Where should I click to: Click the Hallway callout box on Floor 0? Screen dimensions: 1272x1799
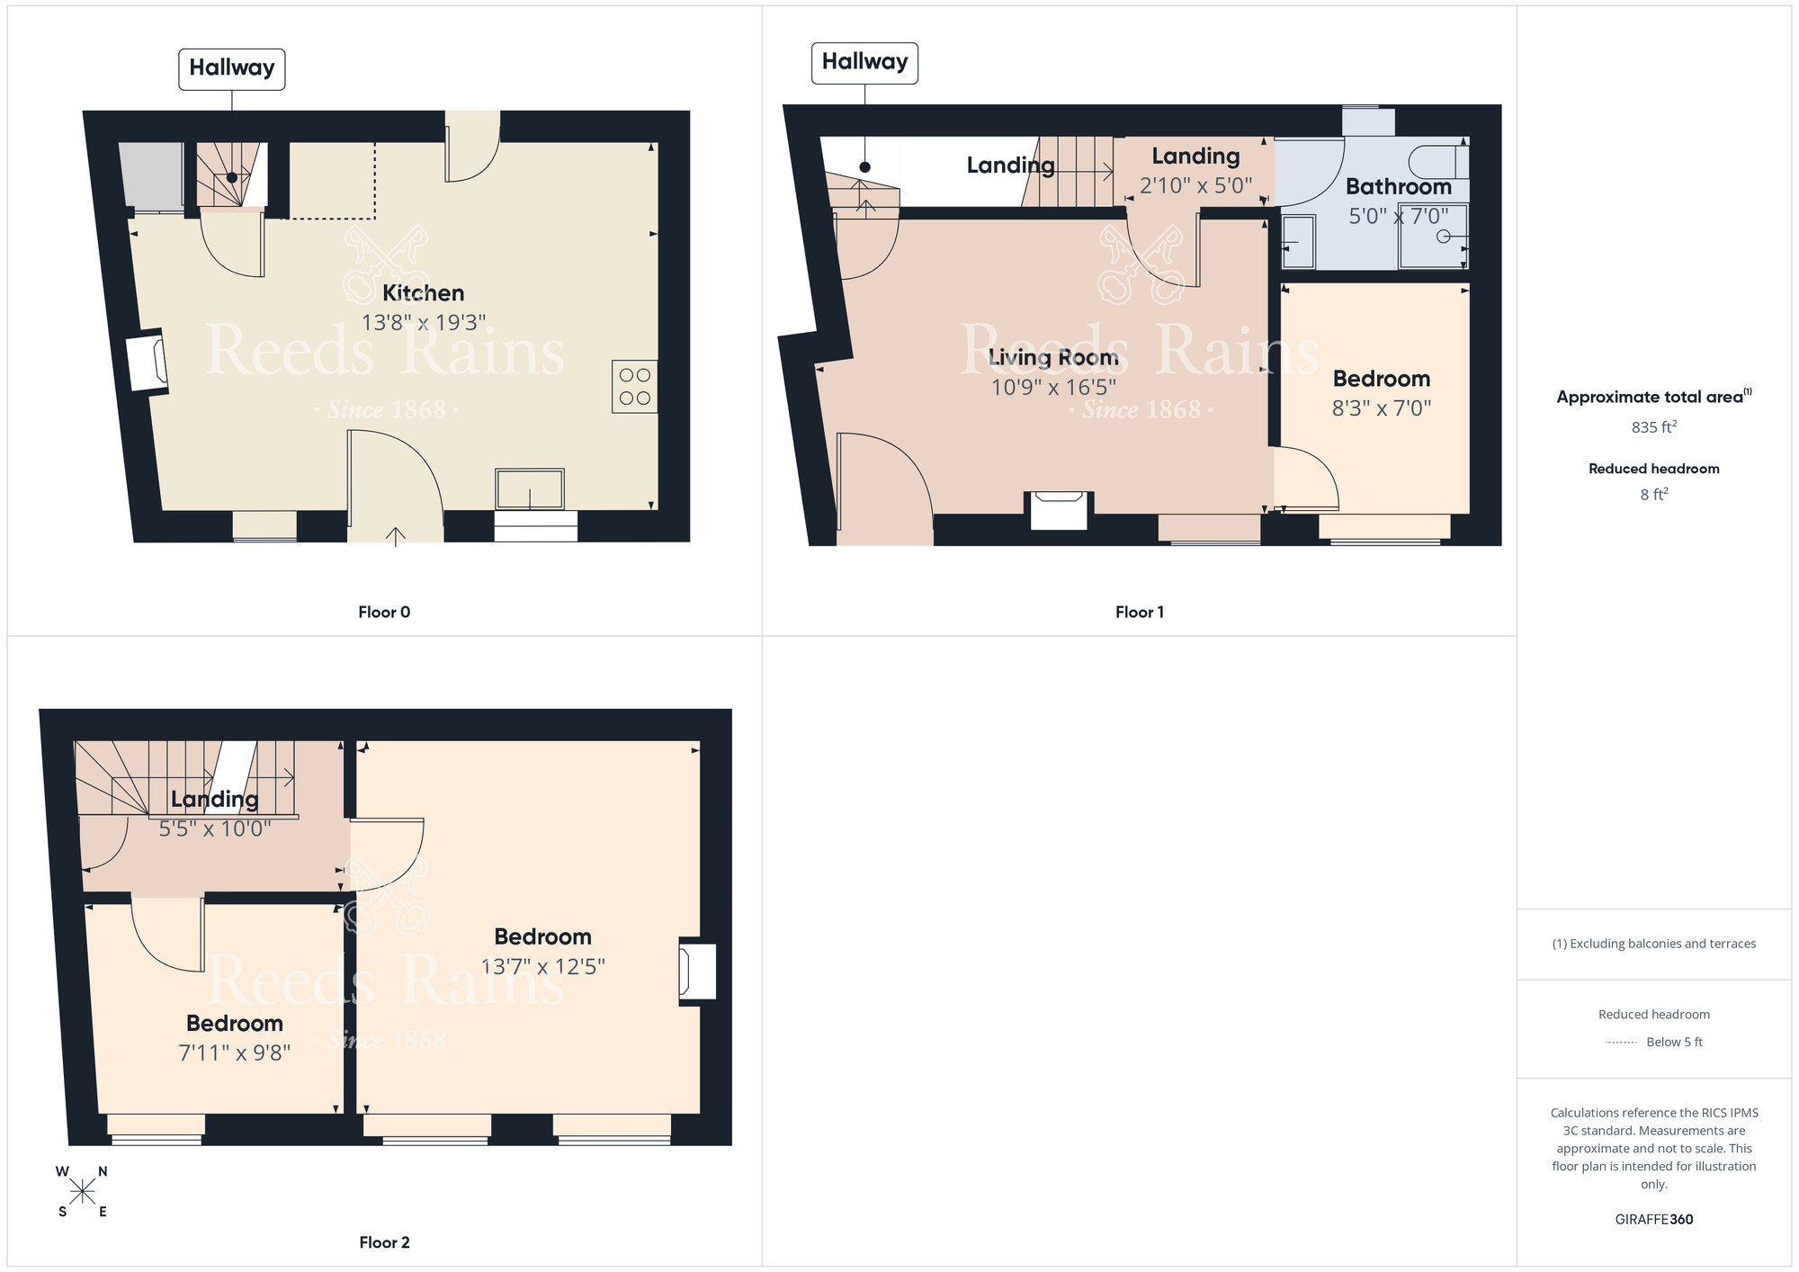pos(231,68)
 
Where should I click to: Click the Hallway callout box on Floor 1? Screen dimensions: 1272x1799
pos(864,62)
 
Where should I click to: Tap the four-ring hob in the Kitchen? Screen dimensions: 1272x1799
pos(634,387)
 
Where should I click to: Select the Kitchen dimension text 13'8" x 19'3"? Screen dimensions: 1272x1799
pos(424,322)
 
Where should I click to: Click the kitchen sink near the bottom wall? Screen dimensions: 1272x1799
pos(530,489)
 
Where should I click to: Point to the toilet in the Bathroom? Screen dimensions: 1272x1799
pos(1438,162)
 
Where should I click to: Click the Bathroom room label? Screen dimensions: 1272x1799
pos(1398,186)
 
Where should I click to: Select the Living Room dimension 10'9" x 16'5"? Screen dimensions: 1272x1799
pos(1053,387)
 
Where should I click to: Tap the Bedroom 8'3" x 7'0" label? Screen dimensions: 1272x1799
pos(1381,379)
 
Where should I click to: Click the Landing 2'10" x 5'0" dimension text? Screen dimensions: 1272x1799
pos(1195,185)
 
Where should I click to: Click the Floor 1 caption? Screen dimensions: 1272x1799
pos(1139,612)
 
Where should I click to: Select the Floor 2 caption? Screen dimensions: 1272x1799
pos(384,1242)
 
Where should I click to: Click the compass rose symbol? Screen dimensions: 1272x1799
pos(82,1192)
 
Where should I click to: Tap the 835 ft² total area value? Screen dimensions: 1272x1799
pos(1653,426)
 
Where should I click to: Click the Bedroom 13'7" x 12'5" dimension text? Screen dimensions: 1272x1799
pos(542,966)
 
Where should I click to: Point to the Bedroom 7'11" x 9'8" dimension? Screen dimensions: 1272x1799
pos(234,1053)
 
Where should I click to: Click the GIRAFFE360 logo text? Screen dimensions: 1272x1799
pos(1653,1219)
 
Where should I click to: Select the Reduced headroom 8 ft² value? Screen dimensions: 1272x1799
pos(1653,494)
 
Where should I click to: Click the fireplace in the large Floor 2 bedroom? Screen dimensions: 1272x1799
pos(697,971)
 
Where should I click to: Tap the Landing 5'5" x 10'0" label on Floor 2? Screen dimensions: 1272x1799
pos(214,800)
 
